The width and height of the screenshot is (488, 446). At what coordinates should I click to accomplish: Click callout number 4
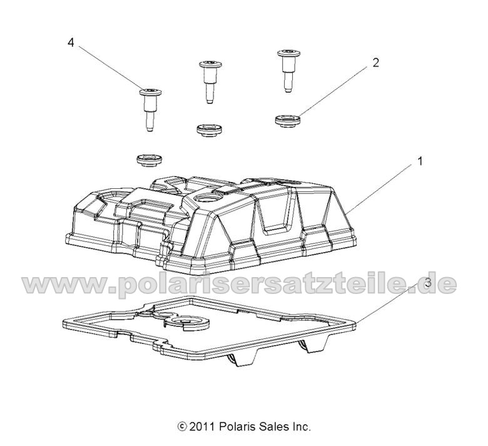pos(71,43)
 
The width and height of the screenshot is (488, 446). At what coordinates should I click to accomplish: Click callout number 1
pos(420,161)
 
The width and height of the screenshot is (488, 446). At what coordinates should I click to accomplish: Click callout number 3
pos(428,265)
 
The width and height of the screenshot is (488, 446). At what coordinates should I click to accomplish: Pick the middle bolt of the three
pos(208,79)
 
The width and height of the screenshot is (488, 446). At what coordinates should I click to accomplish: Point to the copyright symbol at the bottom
pos(182,427)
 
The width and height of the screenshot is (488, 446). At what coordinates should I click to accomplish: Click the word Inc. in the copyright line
pos(300,427)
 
